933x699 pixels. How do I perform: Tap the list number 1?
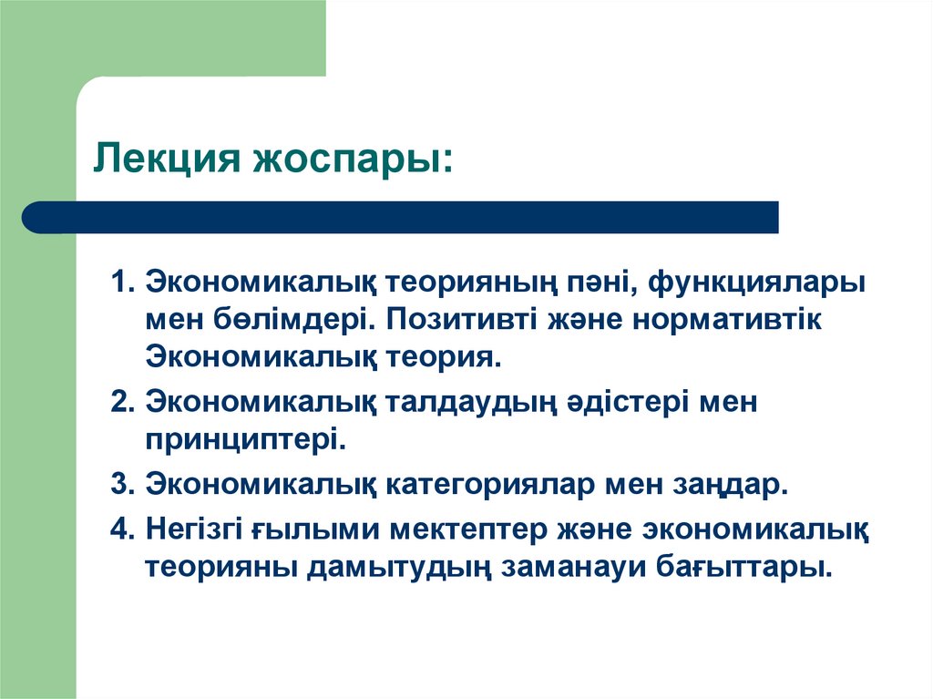(120, 282)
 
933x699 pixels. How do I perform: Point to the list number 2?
(120, 402)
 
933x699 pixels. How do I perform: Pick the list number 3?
(120, 483)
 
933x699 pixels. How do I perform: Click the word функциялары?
(757, 283)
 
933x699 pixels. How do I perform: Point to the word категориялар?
(489, 483)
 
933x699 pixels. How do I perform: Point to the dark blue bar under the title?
(401, 217)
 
